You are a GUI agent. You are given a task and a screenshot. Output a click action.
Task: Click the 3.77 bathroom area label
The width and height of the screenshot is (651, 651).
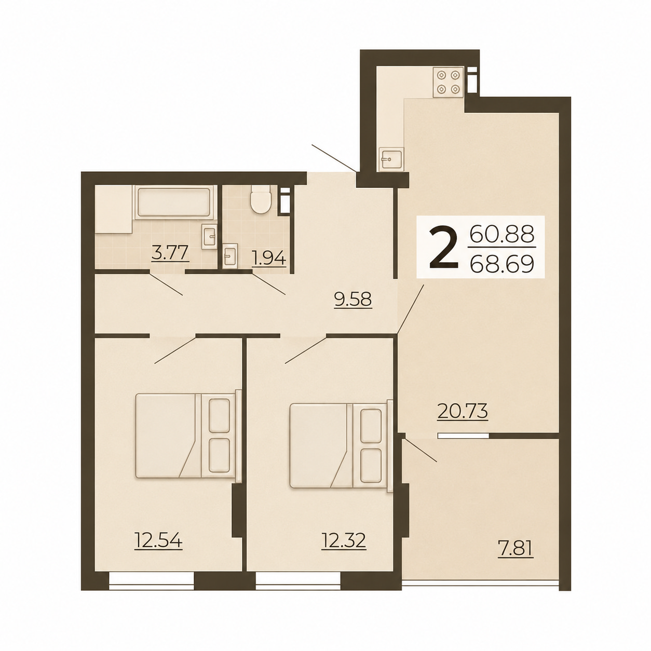pyautogui.click(x=170, y=253)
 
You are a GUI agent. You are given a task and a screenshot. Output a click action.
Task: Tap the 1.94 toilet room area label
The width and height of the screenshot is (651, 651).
pyautogui.click(x=269, y=260)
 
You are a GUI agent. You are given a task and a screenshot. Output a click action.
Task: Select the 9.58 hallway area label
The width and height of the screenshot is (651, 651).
pyautogui.click(x=352, y=299)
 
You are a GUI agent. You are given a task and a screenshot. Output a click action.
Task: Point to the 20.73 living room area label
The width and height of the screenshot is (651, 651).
pyautogui.click(x=463, y=411)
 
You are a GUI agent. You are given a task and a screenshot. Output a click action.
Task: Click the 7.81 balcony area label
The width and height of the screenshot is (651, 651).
pyautogui.click(x=516, y=549)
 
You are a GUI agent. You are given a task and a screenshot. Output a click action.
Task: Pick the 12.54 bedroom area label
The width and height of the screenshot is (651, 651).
pyautogui.click(x=158, y=540)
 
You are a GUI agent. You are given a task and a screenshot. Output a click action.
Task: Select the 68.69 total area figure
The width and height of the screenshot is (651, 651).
pyautogui.click(x=502, y=263)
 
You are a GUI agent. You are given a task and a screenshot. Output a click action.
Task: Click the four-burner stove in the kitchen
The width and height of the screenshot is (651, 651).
pyautogui.click(x=449, y=82)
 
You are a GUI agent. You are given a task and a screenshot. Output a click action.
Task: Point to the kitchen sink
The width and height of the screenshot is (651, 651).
pyautogui.click(x=391, y=159)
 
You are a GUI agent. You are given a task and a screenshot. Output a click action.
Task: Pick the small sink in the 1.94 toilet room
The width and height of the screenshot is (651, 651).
pyautogui.click(x=230, y=255)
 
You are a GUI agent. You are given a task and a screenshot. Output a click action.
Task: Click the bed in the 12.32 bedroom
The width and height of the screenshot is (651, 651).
pyautogui.click(x=341, y=445)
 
